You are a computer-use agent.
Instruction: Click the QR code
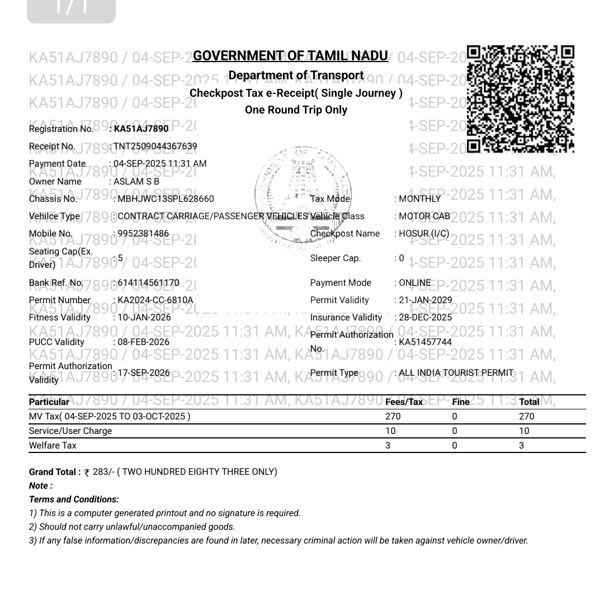tap(520, 99)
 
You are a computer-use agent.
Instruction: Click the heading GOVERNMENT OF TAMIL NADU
tap(290, 56)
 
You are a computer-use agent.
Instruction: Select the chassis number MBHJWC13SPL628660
tap(166, 199)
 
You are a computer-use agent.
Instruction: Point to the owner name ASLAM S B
tap(136, 182)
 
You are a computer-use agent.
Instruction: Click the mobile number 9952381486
tap(143, 234)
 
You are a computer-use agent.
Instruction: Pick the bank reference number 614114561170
tap(148, 283)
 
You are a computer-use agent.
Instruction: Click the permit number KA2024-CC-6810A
tap(155, 300)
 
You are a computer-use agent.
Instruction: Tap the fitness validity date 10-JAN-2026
tap(144, 318)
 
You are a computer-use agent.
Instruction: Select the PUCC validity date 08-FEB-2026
tap(143, 342)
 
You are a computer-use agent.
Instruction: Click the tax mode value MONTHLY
tap(420, 199)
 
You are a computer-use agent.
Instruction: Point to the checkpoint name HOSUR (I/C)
tap(424, 234)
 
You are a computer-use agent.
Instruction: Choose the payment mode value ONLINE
tap(415, 283)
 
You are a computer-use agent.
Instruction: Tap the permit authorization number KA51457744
tap(425, 342)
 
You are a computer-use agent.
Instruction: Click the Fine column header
tap(461, 402)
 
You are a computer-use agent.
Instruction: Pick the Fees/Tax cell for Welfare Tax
tap(388, 446)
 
